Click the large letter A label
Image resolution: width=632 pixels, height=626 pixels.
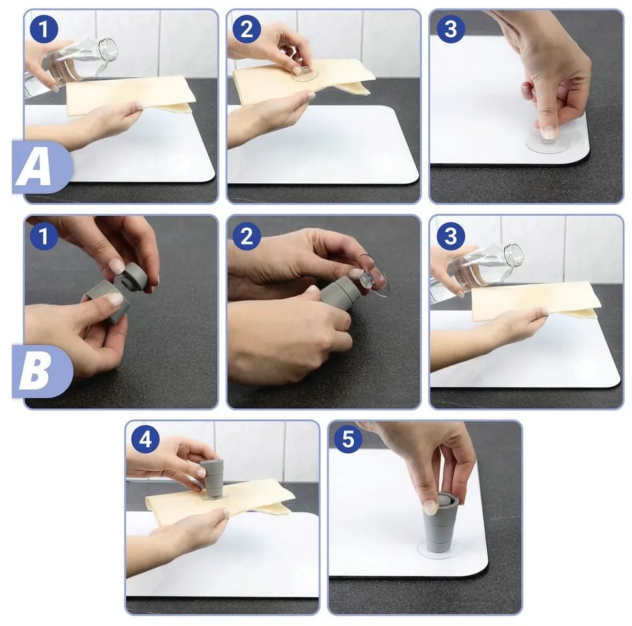point(35,166)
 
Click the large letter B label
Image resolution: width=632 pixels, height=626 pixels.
point(35,371)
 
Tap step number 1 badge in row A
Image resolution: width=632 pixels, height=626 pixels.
point(44,29)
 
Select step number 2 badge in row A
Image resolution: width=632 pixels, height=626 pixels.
point(247,29)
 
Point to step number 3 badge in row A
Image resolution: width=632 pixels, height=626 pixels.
point(451,29)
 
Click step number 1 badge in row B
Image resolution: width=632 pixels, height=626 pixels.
point(44,235)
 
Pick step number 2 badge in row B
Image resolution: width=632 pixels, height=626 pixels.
point(247,235)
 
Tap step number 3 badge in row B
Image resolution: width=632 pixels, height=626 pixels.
point(451,235)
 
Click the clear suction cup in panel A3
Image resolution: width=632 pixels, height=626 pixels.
point(547,141)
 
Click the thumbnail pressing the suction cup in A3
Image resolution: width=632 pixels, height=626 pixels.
point(548,132)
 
